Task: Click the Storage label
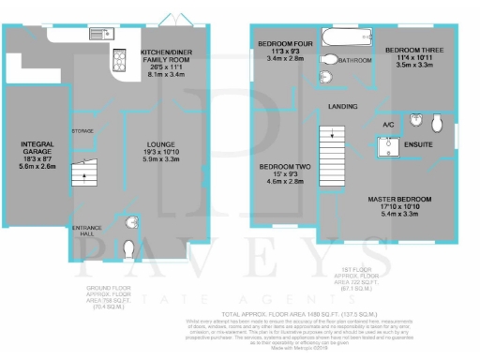click(83, 131)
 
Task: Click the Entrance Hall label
click(82, 232)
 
